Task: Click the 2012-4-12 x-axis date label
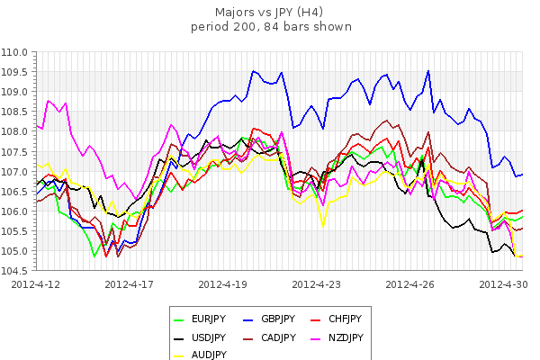(37, 283)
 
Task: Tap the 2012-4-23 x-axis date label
(318, 283)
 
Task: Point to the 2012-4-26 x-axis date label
(411, 283)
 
